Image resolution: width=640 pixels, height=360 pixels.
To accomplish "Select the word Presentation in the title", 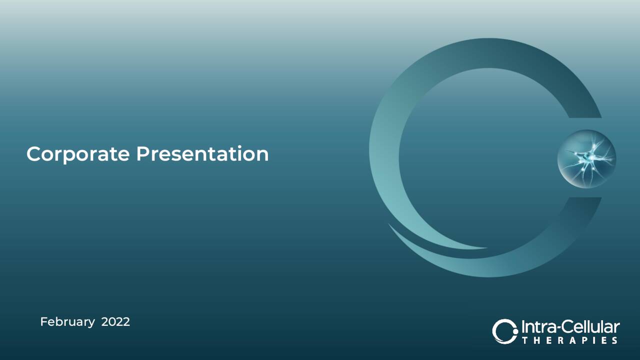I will (202, 154).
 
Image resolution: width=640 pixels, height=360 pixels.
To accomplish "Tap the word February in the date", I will (67, 322).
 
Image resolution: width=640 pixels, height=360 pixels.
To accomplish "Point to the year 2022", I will (115, 321).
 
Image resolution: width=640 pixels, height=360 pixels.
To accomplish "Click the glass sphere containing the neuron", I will (586, 158).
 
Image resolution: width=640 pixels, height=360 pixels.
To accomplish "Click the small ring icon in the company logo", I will (504, 331).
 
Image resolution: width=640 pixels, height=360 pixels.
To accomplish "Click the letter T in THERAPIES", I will (524, 340).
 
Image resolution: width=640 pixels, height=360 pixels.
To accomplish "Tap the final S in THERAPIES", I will (614, 340).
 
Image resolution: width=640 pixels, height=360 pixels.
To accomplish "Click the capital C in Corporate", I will (33, 154).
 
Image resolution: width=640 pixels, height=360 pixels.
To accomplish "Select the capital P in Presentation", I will (142, 153).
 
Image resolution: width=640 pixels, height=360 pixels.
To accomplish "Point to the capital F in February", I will (43, 321).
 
